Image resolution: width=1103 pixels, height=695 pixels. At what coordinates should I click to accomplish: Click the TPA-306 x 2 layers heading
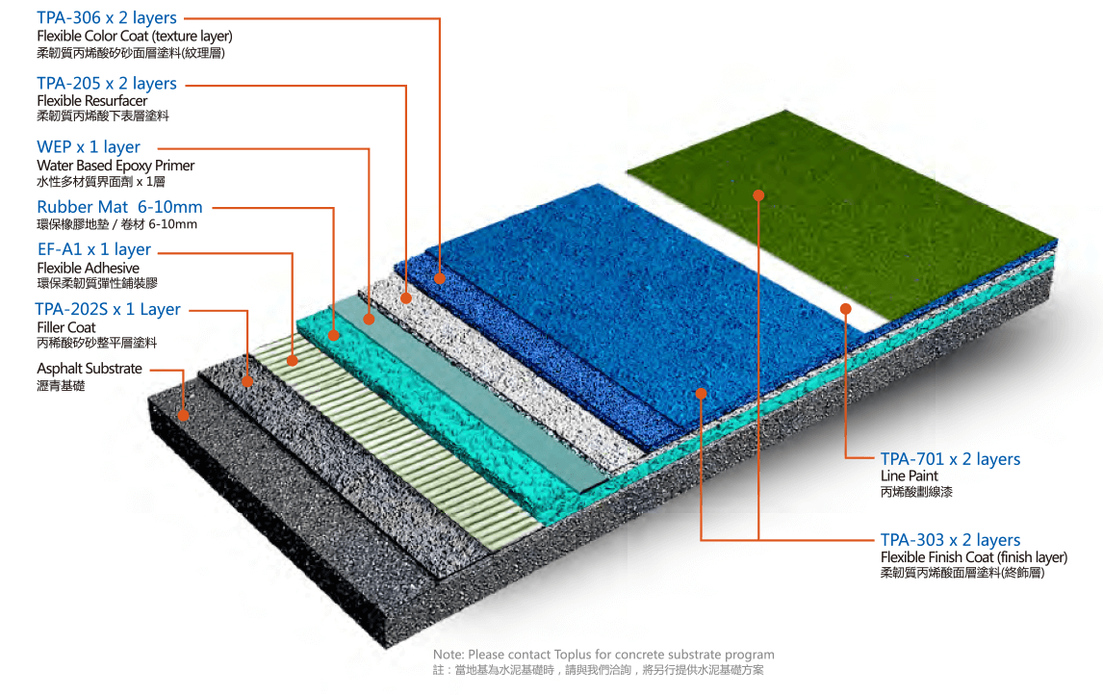[107, 18]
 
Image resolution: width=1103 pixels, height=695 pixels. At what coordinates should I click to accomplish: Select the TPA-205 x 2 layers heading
[107, 84]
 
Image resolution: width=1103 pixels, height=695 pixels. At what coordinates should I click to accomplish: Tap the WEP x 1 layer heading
[89, 147]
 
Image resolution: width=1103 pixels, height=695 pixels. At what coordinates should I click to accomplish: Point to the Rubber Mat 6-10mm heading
[120, 207]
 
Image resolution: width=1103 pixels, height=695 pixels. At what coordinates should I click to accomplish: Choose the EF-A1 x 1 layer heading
[94, 250]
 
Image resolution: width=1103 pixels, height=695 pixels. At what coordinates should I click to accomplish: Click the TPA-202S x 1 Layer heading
[108, 309]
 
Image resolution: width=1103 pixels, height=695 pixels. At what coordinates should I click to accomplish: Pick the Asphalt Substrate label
[90, 369]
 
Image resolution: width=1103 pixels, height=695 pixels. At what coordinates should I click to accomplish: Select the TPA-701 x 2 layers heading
[950, 459]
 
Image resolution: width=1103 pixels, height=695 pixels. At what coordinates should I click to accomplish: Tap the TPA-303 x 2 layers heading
[950, 540]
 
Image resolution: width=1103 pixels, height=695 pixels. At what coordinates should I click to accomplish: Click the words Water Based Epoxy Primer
[115, 166]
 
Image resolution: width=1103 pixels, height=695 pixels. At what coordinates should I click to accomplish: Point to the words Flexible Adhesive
[88, 268]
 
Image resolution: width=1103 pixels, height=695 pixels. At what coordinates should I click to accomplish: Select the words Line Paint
[909, 476]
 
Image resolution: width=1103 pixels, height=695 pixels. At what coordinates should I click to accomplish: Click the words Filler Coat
[66, 327]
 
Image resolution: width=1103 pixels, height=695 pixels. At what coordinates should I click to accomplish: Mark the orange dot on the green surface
[758, 194]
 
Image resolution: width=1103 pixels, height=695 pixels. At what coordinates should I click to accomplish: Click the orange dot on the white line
[845, 309]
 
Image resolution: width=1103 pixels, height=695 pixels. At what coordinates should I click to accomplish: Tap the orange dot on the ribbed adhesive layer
[293, 360]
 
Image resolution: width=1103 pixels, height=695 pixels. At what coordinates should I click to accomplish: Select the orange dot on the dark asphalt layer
[183, 415]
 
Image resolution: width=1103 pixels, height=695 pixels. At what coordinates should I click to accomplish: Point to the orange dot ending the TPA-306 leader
[440, 279]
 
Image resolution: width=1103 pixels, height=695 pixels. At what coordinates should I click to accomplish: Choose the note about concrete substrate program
[603, 655]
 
